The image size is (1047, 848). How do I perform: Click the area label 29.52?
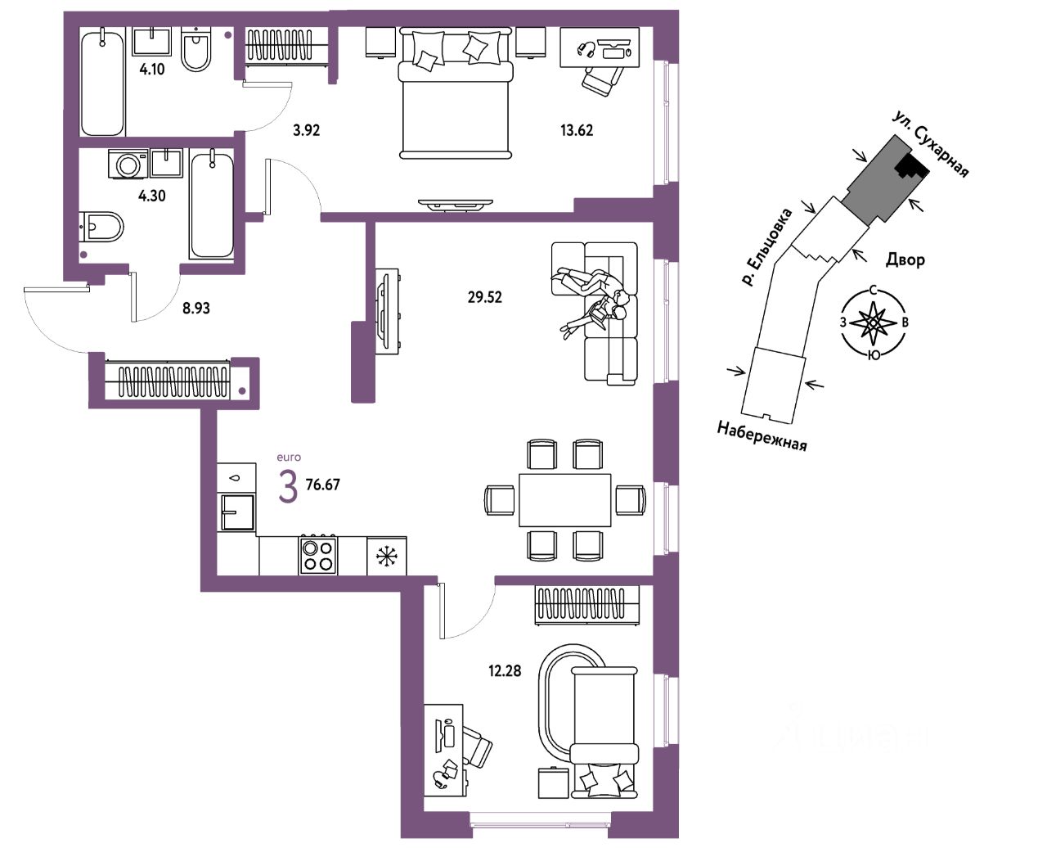pyautogui.click(x=484, y=297)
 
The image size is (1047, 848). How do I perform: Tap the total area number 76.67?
pyautogui.click(x=322, y=485)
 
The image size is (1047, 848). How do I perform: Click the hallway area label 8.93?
pyautogui.click(x=196, y=309)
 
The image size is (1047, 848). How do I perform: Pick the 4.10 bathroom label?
pyautogui.click(x=151, y=70)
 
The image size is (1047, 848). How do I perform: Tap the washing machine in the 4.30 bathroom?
pyautogui.click(x=129, y=165)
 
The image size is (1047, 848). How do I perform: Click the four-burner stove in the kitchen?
pyautogui.click(x=318, y=555)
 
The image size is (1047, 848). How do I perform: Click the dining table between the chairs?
pyautogui.click(x=565, y=500)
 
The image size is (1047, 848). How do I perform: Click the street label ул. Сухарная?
pyautogui.click(x=932, y=145)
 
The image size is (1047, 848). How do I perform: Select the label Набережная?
pyautogui.click(x=762, y=435)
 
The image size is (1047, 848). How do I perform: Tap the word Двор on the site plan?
pyautogui.click(x=905, y=260)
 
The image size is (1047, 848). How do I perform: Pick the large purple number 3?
pyautogui.click(x=288, y=487)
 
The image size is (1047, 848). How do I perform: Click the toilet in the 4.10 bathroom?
pyautogui.click(x=195, y=51)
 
